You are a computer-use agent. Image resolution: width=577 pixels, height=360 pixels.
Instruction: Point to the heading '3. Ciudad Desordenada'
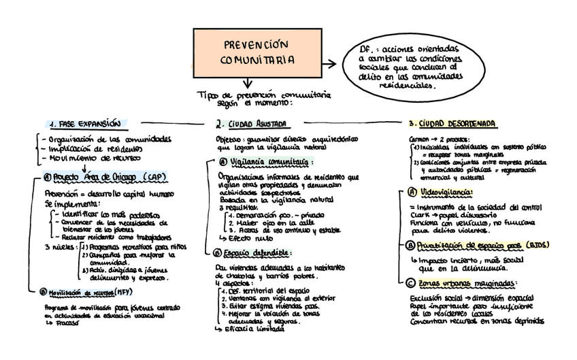tap(452, 125)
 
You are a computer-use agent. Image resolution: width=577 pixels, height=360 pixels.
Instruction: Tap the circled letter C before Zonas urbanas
tap(411, 284)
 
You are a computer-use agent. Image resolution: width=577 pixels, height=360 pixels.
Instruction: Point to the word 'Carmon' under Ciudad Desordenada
tap(418, 138)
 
